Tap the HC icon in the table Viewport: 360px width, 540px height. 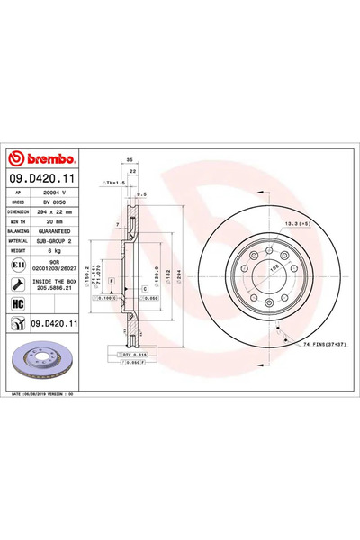coord(19,303)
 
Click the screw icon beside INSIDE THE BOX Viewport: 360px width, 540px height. coord(19,284)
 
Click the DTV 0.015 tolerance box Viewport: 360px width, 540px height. coord(132,356)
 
